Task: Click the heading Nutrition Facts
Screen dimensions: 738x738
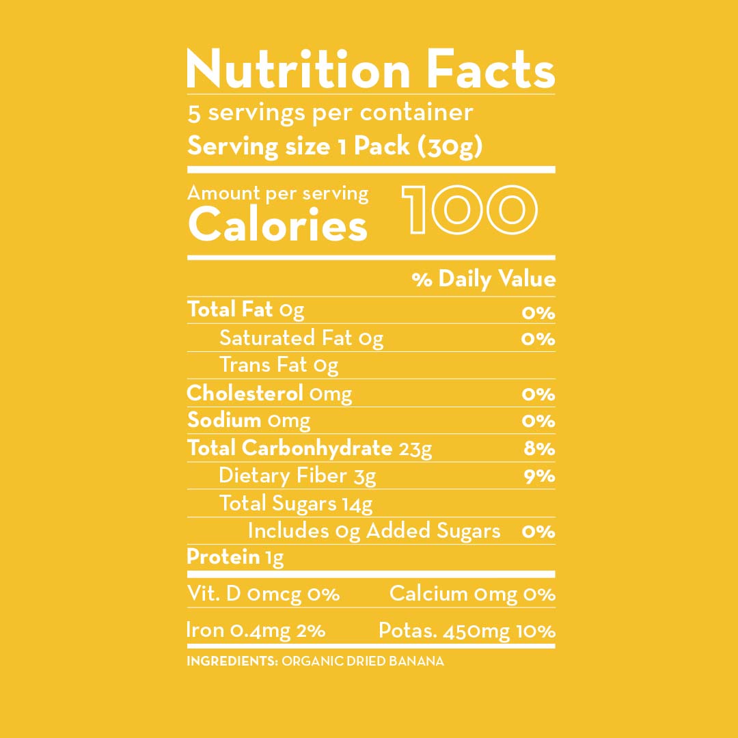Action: [x=370, y=70]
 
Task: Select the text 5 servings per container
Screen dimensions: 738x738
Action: [x=330, y=112]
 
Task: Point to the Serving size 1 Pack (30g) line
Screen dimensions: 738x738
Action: [x=335, y=146]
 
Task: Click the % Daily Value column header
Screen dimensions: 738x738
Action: [x=484, y=279]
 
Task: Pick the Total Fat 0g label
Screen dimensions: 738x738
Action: [x=245, y=310]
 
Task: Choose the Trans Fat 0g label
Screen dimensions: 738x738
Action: [x=279, y=366]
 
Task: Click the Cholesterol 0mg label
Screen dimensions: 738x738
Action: [x=269, y=394]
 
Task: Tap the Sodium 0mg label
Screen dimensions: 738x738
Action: [x=248, y=421]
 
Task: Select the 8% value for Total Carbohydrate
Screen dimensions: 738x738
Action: [x=538, y=449]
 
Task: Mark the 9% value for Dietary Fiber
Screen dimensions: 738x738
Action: [x=538, y=476]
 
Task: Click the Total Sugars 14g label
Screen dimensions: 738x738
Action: [x=296, y=504]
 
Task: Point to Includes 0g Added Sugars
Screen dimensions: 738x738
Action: [x=374, y=531]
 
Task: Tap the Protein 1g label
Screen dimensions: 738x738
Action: [x=234, y=558]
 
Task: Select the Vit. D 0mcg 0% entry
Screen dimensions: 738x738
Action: [x=263, y=594]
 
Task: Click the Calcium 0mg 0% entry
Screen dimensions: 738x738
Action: [x=471, y=594]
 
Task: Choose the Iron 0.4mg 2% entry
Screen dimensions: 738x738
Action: [x=256, y=631]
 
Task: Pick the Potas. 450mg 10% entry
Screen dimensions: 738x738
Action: [x=467, y=631]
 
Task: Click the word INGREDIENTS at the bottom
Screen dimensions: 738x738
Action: [x=230, y=661]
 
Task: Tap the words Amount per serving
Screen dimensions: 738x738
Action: [x=277, y=194]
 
